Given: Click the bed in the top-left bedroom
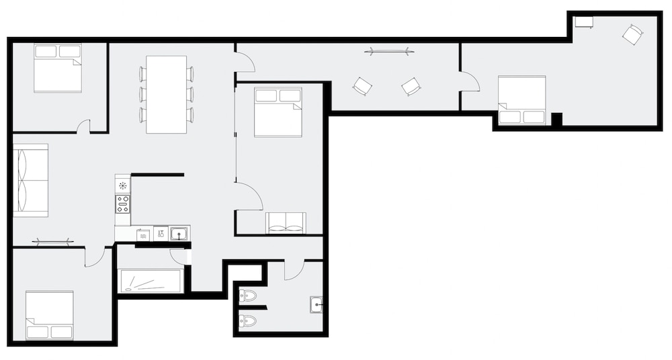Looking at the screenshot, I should [58, 68].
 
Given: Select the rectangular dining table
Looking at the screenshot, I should [166, 94].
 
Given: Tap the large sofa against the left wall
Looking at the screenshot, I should [31, 180].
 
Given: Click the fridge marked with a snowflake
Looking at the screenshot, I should [123, 184].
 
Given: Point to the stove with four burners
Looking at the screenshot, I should [123, 204].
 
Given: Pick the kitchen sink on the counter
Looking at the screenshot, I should [179, 234].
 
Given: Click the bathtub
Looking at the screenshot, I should [151, 281].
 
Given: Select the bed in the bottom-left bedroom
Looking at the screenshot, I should [49, 315].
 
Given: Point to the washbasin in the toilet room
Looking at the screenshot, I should [316, 304].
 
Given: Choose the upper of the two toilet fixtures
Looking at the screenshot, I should [247, 295].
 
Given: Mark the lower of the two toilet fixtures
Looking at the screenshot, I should [247, 321].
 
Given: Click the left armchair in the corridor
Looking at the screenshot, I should [362, 86].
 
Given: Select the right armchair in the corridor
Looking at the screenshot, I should [411, 86].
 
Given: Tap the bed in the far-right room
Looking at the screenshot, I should [521, 100].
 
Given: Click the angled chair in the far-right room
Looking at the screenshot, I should [632, 34].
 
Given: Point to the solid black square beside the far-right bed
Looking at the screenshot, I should [556, 119].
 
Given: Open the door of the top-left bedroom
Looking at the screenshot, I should [83, 126].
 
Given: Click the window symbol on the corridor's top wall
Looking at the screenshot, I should [388, 50].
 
